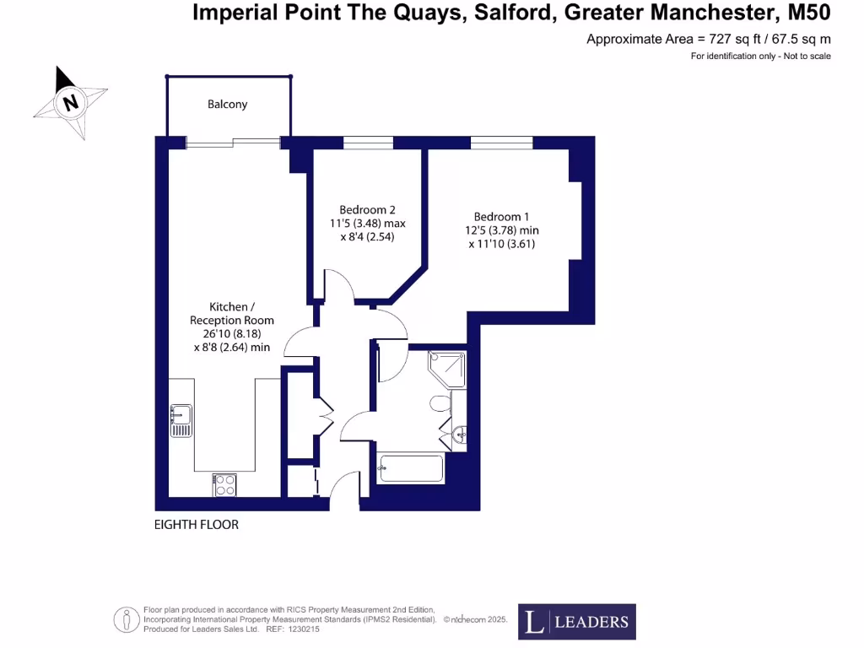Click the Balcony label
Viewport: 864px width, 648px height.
[x=227, y=105]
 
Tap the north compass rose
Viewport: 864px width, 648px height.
[x=71, y=103]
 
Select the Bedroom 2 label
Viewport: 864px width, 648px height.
[x=367, y=210]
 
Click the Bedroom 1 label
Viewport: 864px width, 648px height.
[x=502, y=217]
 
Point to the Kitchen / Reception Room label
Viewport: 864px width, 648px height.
[x=231, y=314]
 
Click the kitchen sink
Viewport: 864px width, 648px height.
[x=181, y=421]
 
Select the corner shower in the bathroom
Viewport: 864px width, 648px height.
[x=446, y=369]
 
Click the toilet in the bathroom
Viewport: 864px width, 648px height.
[x=440, y=403]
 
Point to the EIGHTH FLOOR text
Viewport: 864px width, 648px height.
[x=197, y=525]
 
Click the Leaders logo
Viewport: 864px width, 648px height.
[x=577, y=622]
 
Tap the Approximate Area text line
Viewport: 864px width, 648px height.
[x=708, y=40]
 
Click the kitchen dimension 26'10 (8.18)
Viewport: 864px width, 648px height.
[x=231, y=333]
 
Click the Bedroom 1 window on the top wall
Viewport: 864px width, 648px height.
[x=501, y=143]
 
